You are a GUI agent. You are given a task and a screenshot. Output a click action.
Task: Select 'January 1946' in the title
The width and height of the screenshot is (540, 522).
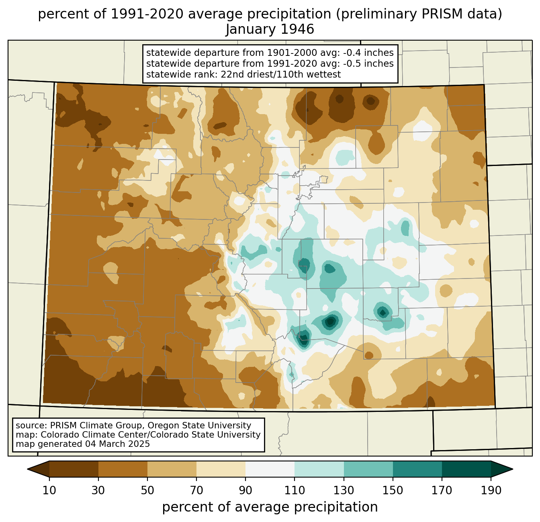[x=270, y=29]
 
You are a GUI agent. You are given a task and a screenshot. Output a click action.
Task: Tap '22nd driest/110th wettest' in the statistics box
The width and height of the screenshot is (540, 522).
[x=280, y=74]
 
